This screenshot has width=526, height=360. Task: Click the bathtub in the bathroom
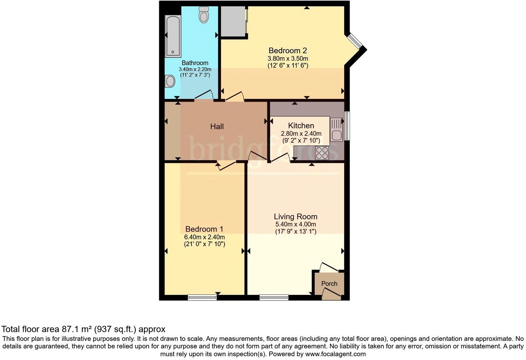pos(173,36)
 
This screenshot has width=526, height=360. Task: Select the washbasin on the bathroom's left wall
pos(170,81)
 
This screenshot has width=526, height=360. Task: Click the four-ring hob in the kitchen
pos(322,153)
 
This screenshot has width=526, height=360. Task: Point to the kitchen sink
pos(336,129)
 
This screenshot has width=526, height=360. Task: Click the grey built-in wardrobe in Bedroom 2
pos(233,21)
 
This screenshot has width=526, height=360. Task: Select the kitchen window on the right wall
pos(347,126)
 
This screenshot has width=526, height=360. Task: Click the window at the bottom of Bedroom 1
pos(202,297)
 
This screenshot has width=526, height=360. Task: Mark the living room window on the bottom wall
pos(274,297)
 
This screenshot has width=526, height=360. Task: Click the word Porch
pos(329,283)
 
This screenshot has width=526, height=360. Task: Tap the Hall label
pos(217,127)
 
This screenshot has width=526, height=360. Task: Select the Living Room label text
pos(296,217)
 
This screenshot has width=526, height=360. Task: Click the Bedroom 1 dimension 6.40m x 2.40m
pos(204,237)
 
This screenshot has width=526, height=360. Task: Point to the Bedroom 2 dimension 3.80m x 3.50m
pos(288,58)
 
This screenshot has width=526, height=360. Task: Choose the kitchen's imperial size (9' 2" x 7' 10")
pos(301,141)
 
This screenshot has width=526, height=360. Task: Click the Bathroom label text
pos(195,63)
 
